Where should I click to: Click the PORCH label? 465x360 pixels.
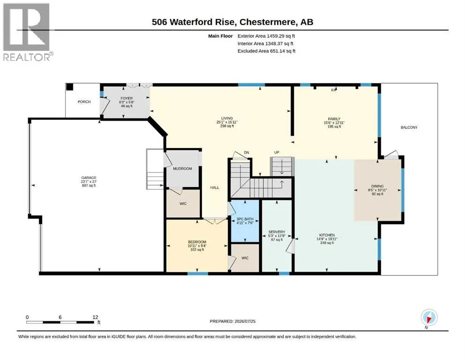(x=84, y=102)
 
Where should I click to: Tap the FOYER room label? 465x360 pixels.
(x=126, y=98)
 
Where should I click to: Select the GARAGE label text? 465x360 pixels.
(x=89, y=178)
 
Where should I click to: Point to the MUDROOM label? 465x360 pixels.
(x=182, y=169)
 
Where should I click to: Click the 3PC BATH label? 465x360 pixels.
(x=245, y=219)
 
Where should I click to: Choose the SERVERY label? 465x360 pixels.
(x=277, y=232)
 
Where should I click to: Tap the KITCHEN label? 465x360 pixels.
(x=327, y=235)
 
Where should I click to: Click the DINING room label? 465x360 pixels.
(x=377, y=187)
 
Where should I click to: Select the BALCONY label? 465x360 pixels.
(x=409, y=127)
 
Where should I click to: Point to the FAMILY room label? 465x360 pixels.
(x=334, y=119)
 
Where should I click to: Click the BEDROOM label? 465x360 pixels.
(x=197, y=242)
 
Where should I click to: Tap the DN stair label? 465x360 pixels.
(x=246, y=152)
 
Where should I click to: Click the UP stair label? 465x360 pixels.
(x=277, y=152)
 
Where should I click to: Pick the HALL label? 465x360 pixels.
(x=215, y=187)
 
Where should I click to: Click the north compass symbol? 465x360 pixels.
(x=429, y=317)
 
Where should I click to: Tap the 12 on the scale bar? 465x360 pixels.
(x=95, y=317)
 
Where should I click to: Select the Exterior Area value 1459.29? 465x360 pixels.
(x=275, y=36)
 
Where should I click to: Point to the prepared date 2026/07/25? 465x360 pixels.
(x=245, y=321)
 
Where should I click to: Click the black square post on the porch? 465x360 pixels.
(x=69, y=87)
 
